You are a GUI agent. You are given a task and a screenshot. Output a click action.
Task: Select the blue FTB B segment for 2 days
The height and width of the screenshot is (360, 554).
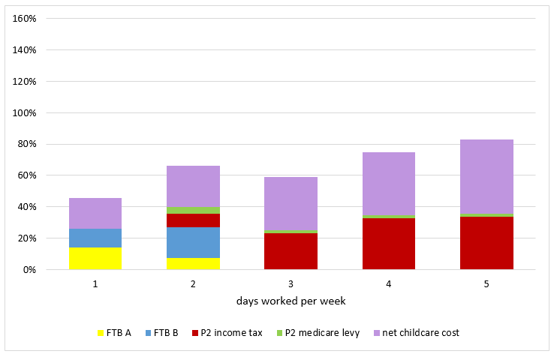193,242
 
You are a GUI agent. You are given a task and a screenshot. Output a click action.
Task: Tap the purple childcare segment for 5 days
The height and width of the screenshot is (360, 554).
486,177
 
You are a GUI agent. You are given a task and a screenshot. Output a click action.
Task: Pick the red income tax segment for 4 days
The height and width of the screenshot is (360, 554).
389,244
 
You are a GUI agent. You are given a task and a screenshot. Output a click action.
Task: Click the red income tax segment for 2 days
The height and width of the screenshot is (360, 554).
193,220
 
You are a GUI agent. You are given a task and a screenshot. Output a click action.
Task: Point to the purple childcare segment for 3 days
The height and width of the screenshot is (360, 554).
291,203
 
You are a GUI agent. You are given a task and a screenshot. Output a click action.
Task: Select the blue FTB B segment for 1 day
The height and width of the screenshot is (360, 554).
95,238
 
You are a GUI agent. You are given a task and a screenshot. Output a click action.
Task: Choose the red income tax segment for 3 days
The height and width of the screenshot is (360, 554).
291,251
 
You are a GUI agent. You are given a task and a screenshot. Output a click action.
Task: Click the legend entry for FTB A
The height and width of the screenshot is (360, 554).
114,332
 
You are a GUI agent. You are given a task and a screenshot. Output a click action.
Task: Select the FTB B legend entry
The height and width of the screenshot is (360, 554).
161,332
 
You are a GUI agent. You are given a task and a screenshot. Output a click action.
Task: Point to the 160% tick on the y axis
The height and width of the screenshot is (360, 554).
26,18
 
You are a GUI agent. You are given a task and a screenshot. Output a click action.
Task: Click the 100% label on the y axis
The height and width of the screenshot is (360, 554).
26,112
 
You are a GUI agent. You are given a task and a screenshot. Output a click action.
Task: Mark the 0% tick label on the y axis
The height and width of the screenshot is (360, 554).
30,269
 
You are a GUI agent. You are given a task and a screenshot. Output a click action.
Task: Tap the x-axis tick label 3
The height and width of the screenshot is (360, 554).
291,284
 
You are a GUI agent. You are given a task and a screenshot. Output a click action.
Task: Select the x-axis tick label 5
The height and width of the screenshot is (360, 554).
486,284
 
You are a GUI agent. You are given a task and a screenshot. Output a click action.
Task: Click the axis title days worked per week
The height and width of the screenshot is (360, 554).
291,301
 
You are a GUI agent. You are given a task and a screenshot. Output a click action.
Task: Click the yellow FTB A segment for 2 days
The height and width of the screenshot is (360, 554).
193,263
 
